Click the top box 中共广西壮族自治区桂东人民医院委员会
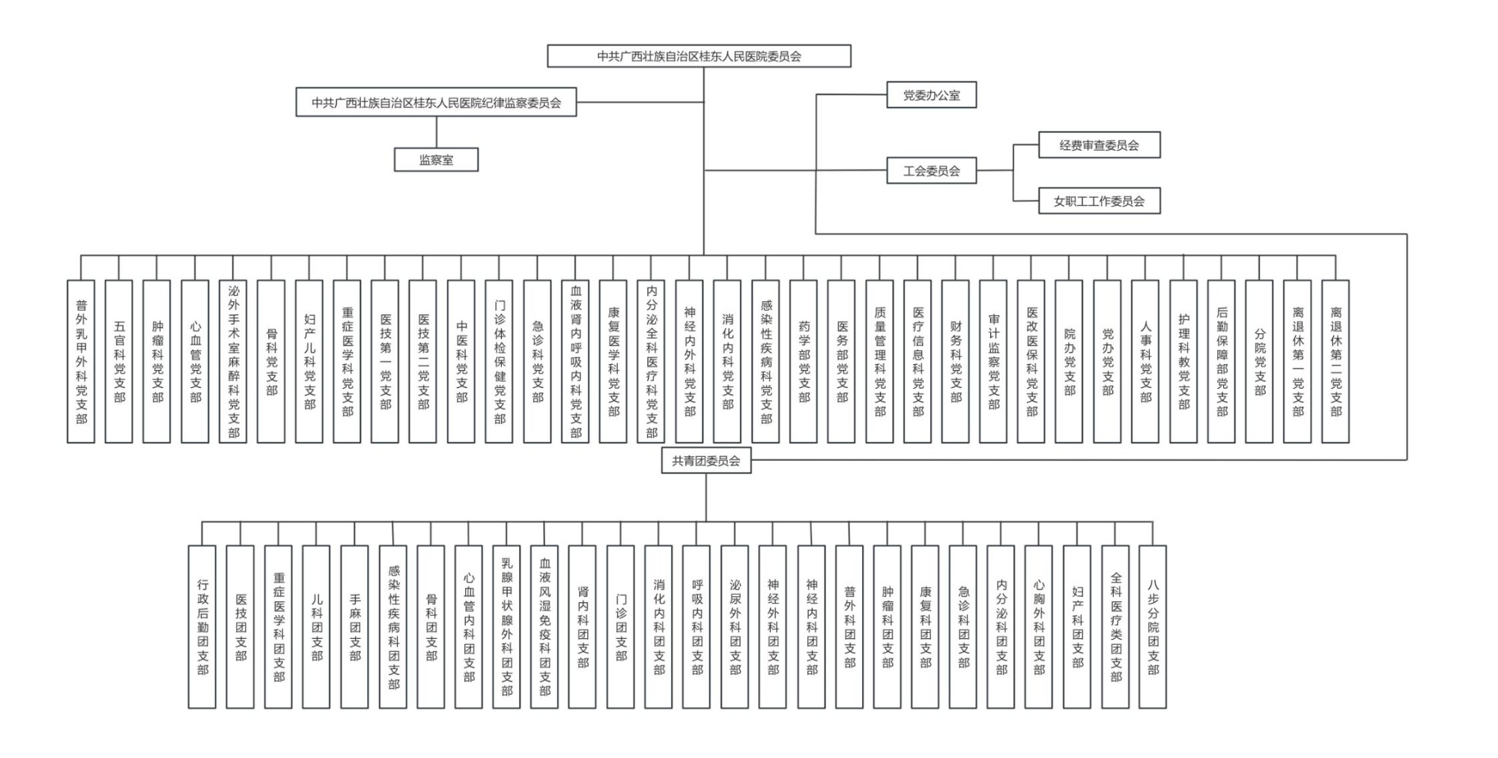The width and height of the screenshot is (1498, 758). click(699, 56)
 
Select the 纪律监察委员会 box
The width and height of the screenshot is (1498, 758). click(436, 103)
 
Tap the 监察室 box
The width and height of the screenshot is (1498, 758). click(436, 160)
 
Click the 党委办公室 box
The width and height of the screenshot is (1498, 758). click(931, 95)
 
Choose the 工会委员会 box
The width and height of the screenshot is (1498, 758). click(931, 171)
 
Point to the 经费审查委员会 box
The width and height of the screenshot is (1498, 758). click(1099, 145)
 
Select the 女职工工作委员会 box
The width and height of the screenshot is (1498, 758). click(1099, 201)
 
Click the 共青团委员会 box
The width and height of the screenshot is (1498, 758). click(706, 461)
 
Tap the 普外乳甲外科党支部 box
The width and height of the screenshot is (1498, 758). click(81, 361)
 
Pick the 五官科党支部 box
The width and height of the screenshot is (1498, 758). click(119, 361)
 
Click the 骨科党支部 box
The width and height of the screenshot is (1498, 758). click(271, 361)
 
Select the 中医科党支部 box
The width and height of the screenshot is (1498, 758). click(461, 361)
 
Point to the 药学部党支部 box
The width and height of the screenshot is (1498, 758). click(804, 361)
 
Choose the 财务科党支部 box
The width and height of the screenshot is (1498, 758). click(956, 361)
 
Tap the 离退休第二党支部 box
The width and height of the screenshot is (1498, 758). click(1335, 361)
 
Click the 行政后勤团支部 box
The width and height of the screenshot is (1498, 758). click(202, 626)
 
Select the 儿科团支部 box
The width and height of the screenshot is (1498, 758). click(316, 626)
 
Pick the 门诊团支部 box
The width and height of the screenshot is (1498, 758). click(620, 626)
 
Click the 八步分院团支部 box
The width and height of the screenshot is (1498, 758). click(1153, 626)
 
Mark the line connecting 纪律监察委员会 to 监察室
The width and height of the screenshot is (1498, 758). click(437, 132)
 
